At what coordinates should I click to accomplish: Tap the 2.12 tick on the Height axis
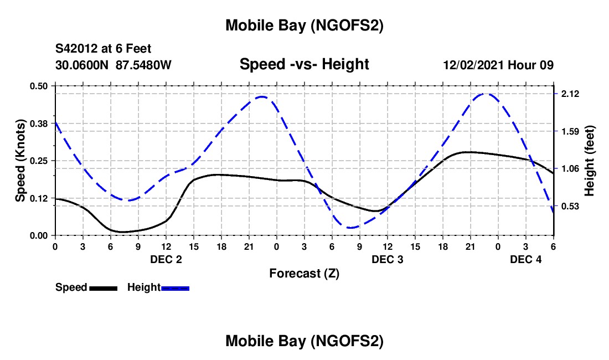570,94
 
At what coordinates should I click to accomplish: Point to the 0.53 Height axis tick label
570,206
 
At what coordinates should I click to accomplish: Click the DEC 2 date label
166,259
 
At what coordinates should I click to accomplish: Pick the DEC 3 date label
388,259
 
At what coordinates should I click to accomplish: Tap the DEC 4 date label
526,259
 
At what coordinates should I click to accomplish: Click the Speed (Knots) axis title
20,160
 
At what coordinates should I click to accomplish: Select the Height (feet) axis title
590,161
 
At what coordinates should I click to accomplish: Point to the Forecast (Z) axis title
304,273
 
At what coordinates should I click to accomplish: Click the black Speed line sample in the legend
103,287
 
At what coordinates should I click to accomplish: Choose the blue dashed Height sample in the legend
175,287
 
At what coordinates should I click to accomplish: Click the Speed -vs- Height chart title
304,64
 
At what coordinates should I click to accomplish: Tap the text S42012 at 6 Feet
103,49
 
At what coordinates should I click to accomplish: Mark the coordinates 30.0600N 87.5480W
113,65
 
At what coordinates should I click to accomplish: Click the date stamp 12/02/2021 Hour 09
498,65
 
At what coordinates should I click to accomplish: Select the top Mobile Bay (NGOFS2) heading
304,25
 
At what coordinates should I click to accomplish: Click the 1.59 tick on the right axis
570,131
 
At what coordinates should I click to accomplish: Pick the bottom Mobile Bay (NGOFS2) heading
304,341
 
